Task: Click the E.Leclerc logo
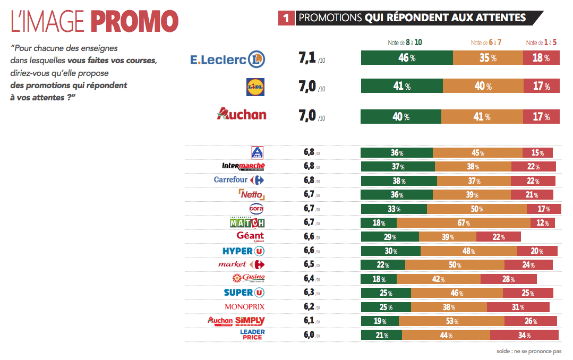click(227, 59)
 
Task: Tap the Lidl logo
click(256, 87)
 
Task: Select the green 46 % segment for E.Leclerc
click(407, 58)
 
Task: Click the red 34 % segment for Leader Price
click(524, 335)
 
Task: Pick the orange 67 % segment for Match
click(463, 222)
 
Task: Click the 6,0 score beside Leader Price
click(309, 335)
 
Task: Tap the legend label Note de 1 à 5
click(541, 42)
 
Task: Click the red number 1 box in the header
click(286, 18)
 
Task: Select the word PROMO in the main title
click(134, 21)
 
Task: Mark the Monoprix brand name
click(244, 307)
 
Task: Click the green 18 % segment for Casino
click(379, 279)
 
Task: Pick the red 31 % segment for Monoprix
click(518, 307)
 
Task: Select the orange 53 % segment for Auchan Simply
click(451, 321)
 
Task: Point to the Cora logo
click(256, 208)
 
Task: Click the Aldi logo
click(257, 153)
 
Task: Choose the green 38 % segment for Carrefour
click(398, 181)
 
